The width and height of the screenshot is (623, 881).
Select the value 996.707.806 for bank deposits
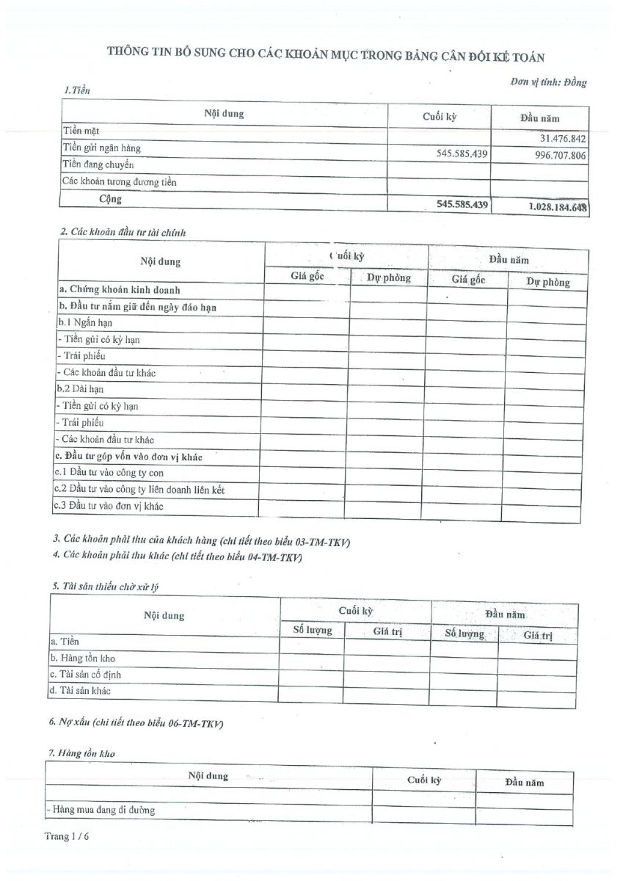(x=555, y=156)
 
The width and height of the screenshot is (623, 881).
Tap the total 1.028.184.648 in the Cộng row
(x=557, y=206)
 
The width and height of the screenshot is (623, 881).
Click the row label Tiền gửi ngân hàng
(x=101, y=148)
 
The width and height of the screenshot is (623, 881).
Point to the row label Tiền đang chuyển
(x=98, y=165)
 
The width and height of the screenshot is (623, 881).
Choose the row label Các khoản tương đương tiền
(x=120, y=181)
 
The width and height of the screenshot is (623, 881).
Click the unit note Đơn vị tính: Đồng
(x=548, y=82)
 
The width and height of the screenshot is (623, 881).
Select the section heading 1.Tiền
(x=77, y=90)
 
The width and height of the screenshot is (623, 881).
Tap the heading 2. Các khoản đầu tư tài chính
(x=123, y=233)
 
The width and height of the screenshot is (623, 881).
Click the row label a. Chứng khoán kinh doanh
(x=120, y=290)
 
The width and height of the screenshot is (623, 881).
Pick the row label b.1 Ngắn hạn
(x=85, y=322)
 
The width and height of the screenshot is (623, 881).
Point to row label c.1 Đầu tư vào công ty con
(x=109, y=473)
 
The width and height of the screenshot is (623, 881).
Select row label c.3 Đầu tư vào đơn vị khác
(x=109, y=506)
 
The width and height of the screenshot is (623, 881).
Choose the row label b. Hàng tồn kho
(x=82, y=659)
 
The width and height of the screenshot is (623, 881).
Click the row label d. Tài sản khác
(x=81, y=691)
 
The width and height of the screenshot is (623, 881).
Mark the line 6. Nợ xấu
(x=136, y=723)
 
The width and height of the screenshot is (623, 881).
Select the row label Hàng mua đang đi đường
(x=101, y=811)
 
